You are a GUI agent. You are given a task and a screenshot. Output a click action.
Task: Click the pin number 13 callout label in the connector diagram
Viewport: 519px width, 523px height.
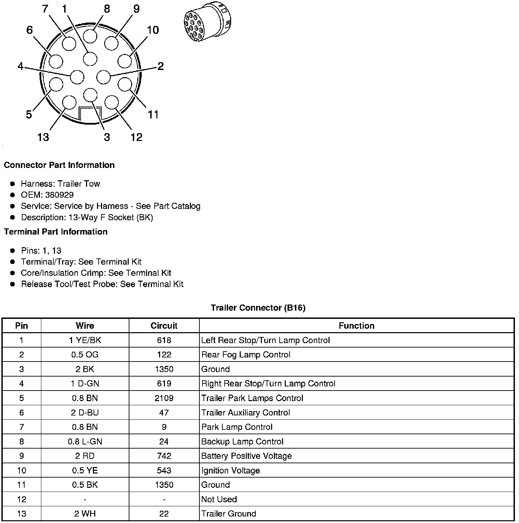pos(43,137)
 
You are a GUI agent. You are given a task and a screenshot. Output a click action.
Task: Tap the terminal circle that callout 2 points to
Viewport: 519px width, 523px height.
pos(103,77)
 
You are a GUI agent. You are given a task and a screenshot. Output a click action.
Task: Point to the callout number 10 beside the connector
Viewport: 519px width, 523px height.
pos(153,30)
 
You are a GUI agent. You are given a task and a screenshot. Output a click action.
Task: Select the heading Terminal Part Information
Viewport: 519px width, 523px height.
pos(56,232)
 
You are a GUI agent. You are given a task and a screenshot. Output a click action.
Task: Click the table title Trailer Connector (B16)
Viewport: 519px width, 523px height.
pos(258,308)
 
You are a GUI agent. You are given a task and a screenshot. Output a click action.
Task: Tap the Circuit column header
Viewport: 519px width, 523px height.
pos(164,326)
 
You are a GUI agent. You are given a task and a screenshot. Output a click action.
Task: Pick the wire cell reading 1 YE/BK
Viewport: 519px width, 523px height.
pos(85,340)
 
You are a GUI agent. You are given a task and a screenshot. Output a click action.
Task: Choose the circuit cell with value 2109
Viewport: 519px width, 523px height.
pos(164,398)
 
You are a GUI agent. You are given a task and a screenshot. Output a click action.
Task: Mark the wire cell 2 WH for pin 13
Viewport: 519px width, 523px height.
pos(85,514)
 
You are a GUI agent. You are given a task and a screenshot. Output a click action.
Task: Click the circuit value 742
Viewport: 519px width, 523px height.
pos(164,456)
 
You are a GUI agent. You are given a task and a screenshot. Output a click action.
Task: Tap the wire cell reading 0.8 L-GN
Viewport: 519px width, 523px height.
pos(85,442)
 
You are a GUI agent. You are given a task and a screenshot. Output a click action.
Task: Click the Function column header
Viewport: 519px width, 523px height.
pos(356,326)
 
